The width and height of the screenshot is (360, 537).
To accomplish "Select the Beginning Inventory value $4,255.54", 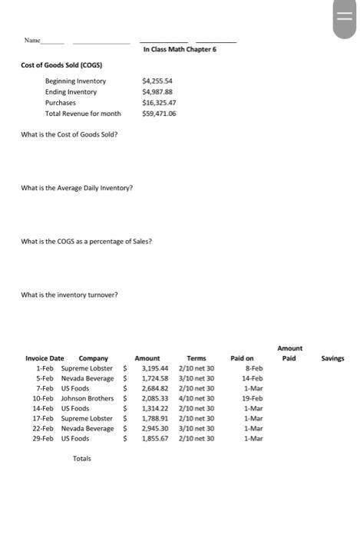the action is point(158,81).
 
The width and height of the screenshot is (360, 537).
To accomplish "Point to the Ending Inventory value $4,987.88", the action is point(158,91).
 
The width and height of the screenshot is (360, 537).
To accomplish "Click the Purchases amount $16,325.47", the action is point(159,102).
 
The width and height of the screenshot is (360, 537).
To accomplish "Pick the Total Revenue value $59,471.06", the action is point(159,114).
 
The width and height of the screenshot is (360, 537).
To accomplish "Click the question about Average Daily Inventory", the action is point(77,188).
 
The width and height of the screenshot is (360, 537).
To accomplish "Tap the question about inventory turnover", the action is point(70,295).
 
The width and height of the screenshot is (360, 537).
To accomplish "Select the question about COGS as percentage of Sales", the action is point(86,242).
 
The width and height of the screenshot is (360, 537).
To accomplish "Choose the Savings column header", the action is point(332,358).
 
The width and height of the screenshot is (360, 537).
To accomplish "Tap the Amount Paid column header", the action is point(289,353).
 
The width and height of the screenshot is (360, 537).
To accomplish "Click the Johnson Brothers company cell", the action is point(88,398).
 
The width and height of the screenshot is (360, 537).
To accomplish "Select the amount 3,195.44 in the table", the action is point(155,368).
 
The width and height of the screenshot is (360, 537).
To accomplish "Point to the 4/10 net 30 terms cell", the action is point(197,398).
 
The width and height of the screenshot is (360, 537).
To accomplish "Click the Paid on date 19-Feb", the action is point(253,398).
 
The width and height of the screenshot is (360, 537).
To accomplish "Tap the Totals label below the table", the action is point(81,459).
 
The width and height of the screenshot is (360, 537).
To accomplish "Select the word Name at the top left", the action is point(32,41).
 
